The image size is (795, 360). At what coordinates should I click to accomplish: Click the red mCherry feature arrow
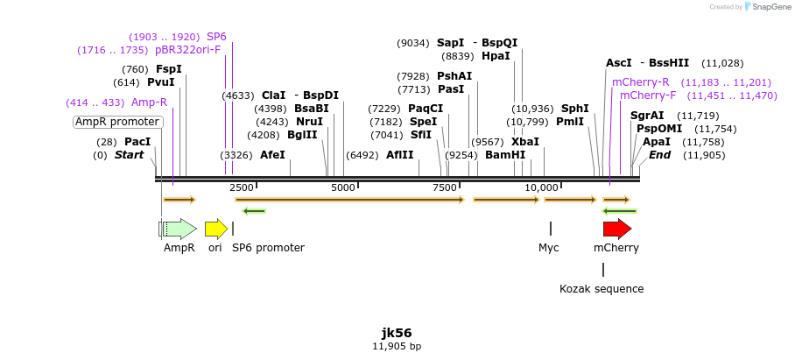[x=616, y=229]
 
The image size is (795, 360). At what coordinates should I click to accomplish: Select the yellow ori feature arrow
[x=215, y=229]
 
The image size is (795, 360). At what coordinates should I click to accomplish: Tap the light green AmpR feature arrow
[x=179, y=229]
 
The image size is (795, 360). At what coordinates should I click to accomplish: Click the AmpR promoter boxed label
[x=117, y=122]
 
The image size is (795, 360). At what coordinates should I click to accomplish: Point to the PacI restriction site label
[x=137, y=142]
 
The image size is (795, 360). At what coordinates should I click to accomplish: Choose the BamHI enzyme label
[x=505, y=155]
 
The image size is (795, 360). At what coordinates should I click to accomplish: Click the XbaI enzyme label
[x=525, y=142]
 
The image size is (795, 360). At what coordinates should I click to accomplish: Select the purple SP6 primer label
[x=216, y=37]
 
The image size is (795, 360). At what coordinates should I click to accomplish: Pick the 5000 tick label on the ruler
[x=343, y=187]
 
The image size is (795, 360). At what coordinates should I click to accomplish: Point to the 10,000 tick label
[x=542, y=187]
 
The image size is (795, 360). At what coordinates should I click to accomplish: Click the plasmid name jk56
[x=397, y=333]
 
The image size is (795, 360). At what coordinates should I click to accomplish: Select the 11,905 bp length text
[x=397, y=347]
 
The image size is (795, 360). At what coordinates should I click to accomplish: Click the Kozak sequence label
[x=602, y=288]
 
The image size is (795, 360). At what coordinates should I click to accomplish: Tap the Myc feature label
[x=548, y=248]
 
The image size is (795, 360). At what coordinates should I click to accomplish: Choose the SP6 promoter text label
[x=268, y=248]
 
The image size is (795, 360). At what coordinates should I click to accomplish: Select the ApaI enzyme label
[x=657, y=142]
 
